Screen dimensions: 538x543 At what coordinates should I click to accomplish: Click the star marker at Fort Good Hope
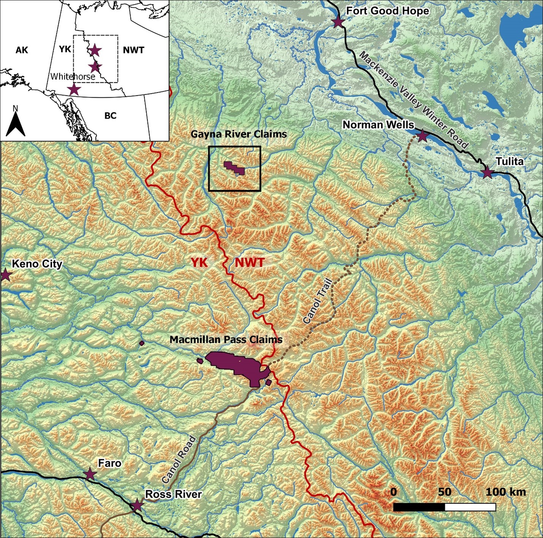pyautogui.click(x=338, y=22)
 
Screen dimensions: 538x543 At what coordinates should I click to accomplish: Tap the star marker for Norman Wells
pyautogui.click(x=422, y=136)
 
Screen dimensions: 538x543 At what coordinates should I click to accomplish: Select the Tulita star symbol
pyautogui.click(x=488, y=173)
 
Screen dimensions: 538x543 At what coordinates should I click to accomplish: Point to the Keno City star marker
pyautogui.click(x=5, y=275)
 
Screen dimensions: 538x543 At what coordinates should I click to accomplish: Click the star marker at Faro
pyautogui.click(x=90, y=474)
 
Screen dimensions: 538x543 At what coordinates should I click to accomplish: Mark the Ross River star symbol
pyautogui.click(x=137, y=505)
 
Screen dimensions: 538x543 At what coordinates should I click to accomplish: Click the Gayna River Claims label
pyautogui.click(x=238, y=134)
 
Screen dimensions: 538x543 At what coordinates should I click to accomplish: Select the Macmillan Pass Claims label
pyautogui.click(x=226, y=340)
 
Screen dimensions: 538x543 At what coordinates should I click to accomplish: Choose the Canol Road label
pyautogui.click(x=179, y=459)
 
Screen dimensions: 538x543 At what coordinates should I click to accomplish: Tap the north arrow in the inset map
pyautogui.click(x=16, y=122)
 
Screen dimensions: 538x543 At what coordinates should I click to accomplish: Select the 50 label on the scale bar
pyautogui.click(x=444, y=492)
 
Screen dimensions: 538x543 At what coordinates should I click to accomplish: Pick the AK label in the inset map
pyautogui.click(x=22, y=50)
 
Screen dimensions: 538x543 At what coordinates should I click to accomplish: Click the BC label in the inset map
pyautogui.click(x=110, y=115)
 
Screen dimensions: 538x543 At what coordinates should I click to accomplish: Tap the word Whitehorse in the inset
pyautogui.click(x=73, y=76)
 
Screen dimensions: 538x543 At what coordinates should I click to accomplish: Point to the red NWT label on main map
pyautogui.click(x=249, y=262)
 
